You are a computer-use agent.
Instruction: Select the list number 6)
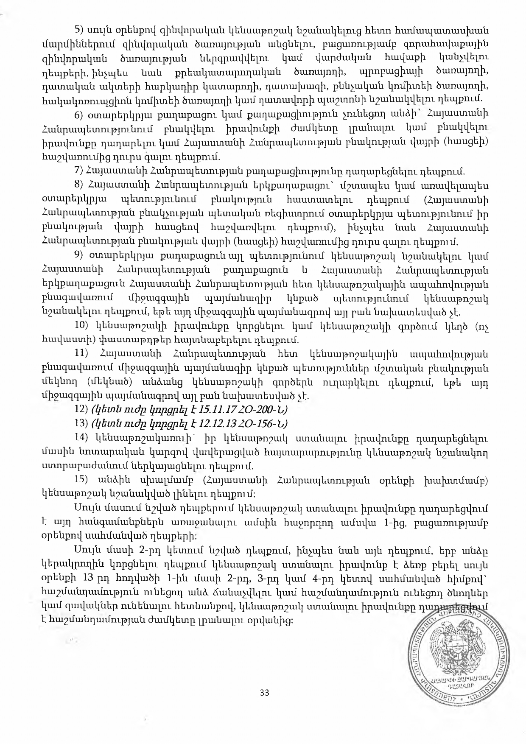(78, 115)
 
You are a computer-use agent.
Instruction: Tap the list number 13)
(81, 424)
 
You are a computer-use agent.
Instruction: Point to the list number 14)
(81, 438)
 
